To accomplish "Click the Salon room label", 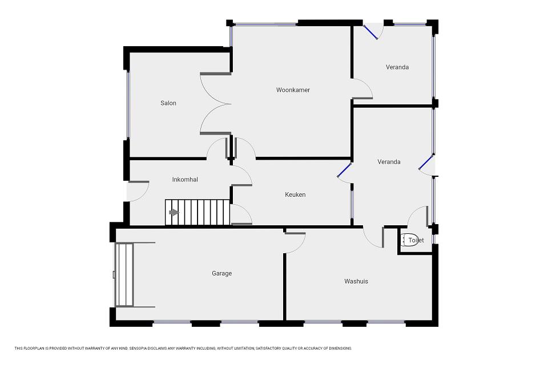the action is coord(168,103).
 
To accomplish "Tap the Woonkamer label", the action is coord(293,90).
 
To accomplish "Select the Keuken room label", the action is coord(295,194).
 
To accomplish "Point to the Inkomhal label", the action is coord(185,180).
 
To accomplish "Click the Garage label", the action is coord(221,273).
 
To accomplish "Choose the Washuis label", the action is coord(356,281).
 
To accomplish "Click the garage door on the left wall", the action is coord(124,275).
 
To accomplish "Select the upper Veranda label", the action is coord(397,67).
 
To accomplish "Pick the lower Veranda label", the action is coord(389,162).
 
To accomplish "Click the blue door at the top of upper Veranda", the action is coord(370,32).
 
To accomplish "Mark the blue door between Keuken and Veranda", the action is coord(344,170).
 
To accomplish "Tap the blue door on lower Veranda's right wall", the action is coord(426,163).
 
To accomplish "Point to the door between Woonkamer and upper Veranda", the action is coord(362,89).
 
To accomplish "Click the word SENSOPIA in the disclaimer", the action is coord(139,348).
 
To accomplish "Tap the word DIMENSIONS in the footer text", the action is coord(340,348).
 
